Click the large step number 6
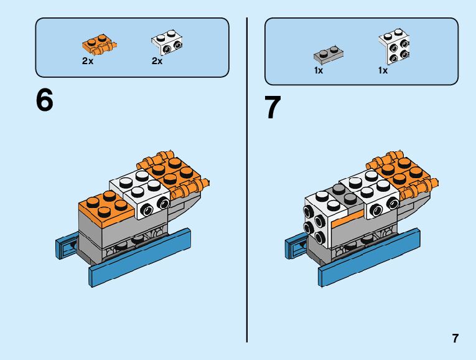point(45,100)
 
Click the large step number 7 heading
point(273,107)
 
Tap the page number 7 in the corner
point(455,338)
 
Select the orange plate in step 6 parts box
point(100,44)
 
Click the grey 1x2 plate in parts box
point(329,55)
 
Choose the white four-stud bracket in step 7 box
point(394,47)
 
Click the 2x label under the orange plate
point(88,61)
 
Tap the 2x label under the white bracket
point(157,61)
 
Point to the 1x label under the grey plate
point(319,70)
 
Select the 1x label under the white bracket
point(383,70)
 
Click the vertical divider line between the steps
point(247,180)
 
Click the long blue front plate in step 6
point(139,258)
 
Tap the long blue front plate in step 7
point(369,258)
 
